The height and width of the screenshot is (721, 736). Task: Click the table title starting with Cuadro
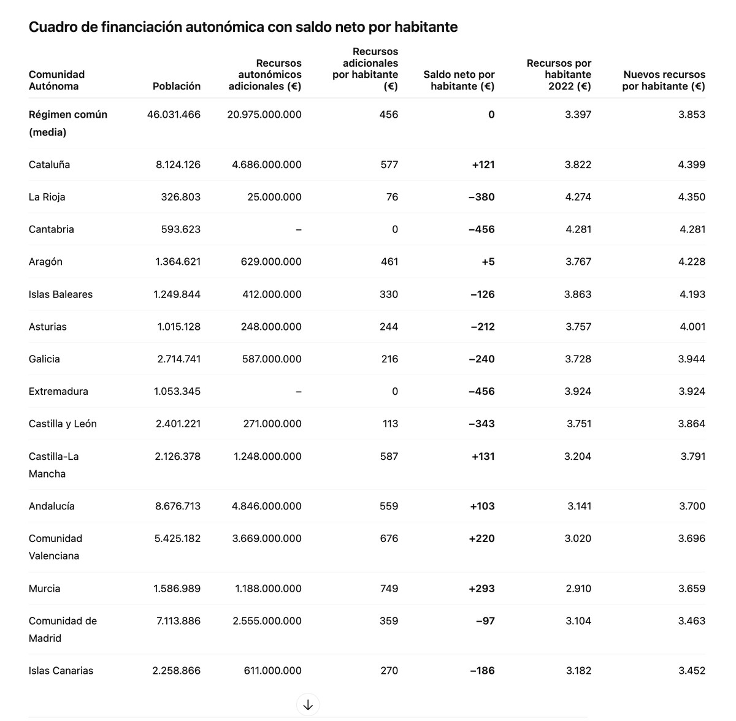(243, 27)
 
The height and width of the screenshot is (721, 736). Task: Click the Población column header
(176, 86)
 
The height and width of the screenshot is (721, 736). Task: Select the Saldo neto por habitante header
(459, 80)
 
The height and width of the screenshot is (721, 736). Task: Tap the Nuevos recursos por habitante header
(664, 80)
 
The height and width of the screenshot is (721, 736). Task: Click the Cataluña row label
(49, 164)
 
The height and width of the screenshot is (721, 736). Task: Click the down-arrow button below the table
(308, 704)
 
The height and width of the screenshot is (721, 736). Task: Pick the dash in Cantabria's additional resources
(298, 229)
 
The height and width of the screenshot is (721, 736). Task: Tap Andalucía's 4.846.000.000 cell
(267, 506)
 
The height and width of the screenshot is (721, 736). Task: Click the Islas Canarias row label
(61, 671)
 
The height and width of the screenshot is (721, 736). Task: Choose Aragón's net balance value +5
(488, 262)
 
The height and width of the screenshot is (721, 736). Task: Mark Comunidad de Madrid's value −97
(485, 621)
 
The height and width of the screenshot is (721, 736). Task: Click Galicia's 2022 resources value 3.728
(578, 359)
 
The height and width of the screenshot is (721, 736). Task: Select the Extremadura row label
(58, 391)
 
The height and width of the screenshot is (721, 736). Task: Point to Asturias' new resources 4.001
(692, 327)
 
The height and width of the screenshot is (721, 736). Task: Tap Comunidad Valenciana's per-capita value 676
(389, 538)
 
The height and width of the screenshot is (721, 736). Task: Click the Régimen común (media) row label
(67, 123)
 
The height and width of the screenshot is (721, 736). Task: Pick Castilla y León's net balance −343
(481, 424)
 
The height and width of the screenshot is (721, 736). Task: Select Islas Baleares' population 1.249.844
(177, 294)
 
